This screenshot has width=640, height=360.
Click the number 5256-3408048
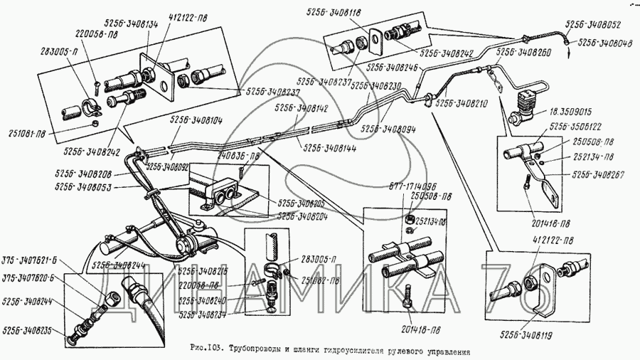click(x=605, y=42)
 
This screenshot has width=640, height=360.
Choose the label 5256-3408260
click(x=524, y=52)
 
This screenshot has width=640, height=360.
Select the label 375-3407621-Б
click(x=31, y=259)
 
